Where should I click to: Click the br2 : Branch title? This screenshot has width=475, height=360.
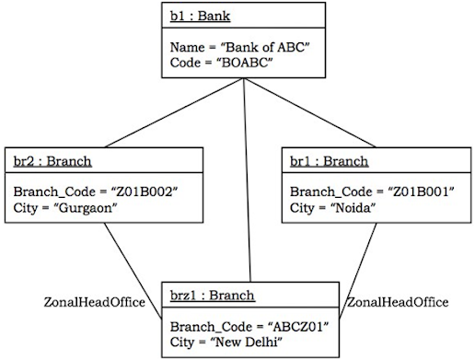click(x=52, y=162)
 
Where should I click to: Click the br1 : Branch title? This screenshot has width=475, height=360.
click(x=329, y=162)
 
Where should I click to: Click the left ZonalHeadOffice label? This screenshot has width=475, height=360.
click(x=94, y=302)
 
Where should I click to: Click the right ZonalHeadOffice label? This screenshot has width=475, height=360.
click(x=397, y=302)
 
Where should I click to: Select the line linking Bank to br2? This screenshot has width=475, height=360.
click(x=166, y=114)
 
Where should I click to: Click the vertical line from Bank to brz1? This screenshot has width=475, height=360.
click(x=247, y=184)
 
